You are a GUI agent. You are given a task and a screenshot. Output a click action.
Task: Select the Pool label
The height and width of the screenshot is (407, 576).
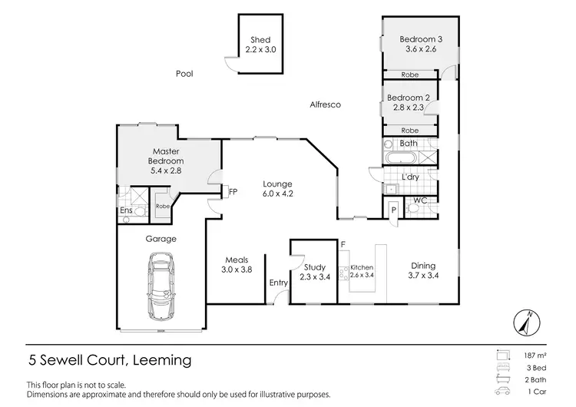184,74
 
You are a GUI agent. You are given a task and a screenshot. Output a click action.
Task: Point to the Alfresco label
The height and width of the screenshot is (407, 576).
324,104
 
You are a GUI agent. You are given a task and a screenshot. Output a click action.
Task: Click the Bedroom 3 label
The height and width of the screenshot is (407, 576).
419,39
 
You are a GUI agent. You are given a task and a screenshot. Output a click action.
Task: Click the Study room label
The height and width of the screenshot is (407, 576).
312,266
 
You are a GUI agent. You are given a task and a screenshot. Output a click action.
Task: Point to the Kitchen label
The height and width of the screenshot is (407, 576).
361,267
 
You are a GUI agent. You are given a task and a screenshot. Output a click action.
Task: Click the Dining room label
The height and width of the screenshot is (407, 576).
422,266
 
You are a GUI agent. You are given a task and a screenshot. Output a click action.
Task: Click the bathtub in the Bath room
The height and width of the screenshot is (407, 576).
399,159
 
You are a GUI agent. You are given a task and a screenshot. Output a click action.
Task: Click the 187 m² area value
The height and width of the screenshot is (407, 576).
535,356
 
